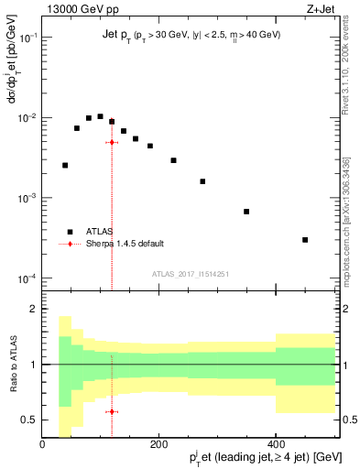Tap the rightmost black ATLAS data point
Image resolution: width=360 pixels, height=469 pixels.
[x=305, y=240]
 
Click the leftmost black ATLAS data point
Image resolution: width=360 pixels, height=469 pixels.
[x=65, y=166]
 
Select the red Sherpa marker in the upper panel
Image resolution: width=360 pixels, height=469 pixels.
[x=112, y=142]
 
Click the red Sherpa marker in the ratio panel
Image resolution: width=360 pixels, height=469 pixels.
[x=112, y=411]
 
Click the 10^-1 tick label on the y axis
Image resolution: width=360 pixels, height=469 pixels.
[x=28, y=38]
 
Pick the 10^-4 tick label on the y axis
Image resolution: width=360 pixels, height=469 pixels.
[x=28, y=278]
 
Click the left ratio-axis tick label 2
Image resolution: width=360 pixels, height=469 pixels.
[x=34, y=309]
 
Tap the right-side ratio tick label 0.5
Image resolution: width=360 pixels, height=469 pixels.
[x=346, y=420]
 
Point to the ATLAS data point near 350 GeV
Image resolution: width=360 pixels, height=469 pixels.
[x=246, y=212]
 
